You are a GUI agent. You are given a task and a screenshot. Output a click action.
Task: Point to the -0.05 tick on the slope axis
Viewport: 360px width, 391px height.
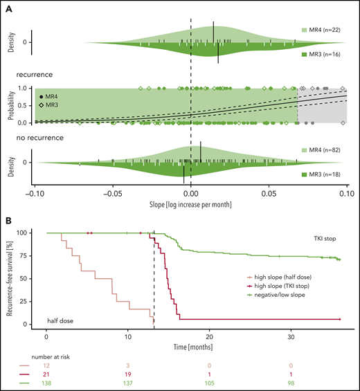click(x=111, y=194)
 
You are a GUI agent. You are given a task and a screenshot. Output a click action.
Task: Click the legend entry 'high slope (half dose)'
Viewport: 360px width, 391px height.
click(x=272, y=275)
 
